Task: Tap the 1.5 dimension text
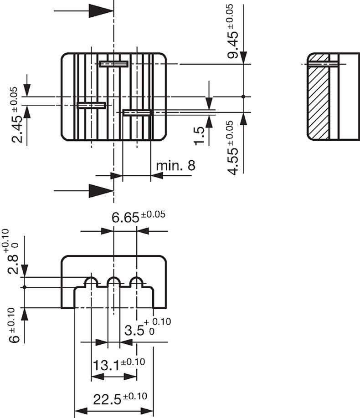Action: click(199, 136)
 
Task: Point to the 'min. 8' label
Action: click(175, 165)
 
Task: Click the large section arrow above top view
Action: click(101, 10)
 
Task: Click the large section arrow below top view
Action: click(101, 191)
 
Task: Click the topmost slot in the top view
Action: click(113, 64)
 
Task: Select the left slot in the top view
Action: click(91, 105)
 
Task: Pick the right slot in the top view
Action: click(137, 112)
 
